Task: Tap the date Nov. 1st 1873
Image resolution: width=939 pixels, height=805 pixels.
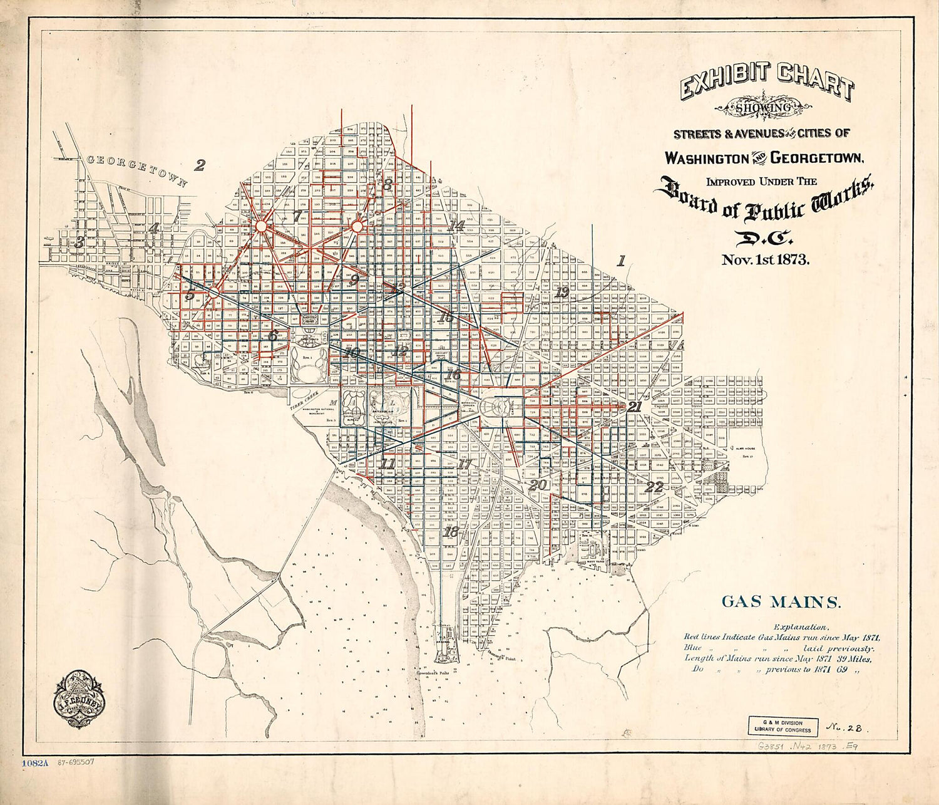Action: [x=765, y=260]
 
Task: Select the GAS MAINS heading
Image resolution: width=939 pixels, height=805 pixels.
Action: [x=779, y=603]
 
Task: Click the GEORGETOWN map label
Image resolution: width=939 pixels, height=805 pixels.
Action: [x=136, y=169]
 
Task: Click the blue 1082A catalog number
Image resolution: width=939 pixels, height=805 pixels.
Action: [x=36, y=764]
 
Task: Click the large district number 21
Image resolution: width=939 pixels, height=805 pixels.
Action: [x=635, y=407]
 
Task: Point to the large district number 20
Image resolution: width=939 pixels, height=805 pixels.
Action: [x=537, y=484]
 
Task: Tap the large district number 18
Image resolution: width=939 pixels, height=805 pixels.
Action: [x=450, y=532]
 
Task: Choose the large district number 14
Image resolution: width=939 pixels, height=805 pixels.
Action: [x=456, y=226]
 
